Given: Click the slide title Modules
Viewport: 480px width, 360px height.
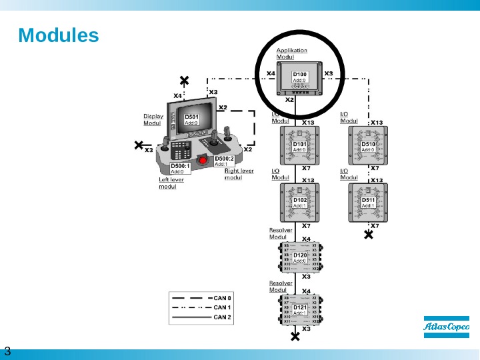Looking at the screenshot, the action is tap(59, 35).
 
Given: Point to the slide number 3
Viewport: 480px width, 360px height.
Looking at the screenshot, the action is tap(7, 351).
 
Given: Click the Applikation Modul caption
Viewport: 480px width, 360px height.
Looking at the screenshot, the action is tap(291, 53).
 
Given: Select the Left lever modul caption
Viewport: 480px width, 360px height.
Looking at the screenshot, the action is tap(171, 183).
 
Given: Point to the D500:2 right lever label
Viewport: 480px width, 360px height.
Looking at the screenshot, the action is tap(224, 161).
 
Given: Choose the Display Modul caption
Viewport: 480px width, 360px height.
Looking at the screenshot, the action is tap(153, 119).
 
